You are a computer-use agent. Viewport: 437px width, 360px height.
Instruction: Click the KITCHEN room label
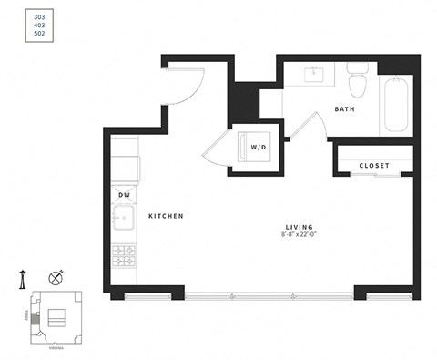(167, 216)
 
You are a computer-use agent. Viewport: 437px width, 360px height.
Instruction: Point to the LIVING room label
(299, 226)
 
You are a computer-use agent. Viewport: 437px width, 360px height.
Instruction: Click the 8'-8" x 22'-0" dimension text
(299, 235)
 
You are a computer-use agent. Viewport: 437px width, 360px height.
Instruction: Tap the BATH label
(344, 109)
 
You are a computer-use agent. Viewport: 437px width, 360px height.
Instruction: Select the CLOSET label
(374, 166)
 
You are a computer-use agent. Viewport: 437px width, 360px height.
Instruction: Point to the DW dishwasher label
(124, 195)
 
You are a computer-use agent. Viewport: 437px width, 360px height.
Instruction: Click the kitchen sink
(123, 220)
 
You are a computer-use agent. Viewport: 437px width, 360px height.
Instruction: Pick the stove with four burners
(124, 256)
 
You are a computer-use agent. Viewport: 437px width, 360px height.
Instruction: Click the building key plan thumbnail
(55, 315)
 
